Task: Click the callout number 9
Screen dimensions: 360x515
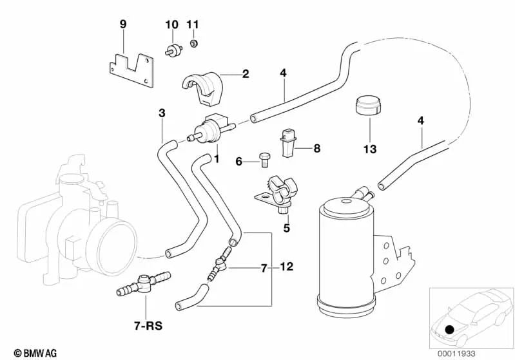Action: (x=123, y=24)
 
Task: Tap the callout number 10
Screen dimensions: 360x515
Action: (x=171, y=24)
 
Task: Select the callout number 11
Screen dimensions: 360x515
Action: (x=193, y=24)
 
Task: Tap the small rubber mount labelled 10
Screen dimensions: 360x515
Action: (x=173, y=50)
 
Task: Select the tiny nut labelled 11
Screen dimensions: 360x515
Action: (x=193, y=44)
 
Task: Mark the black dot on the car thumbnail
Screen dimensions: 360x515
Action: (x=449, y=330)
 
